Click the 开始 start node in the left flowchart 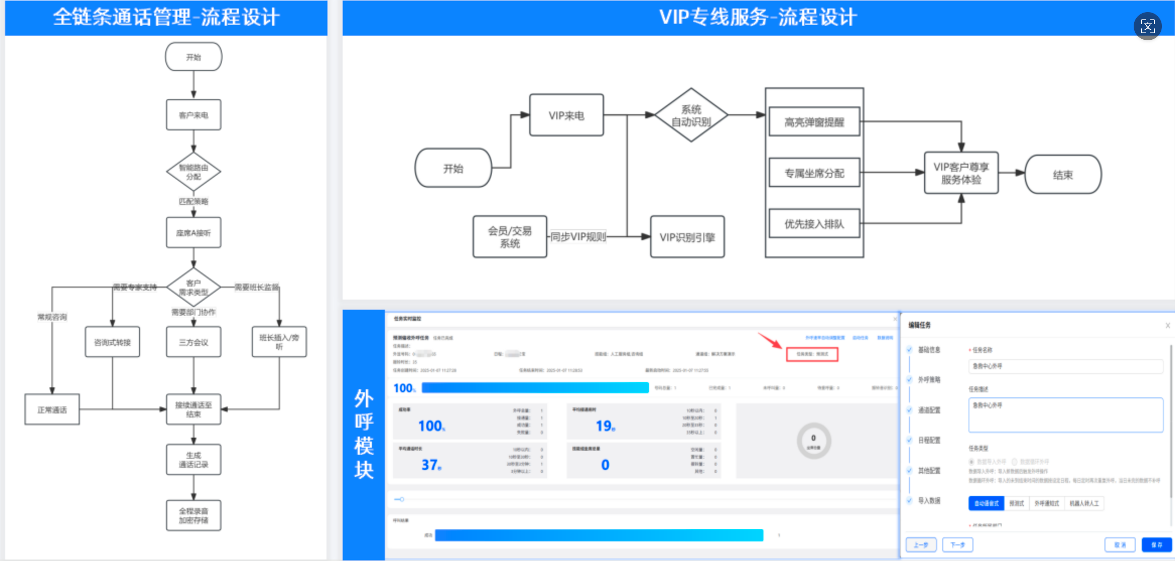pos(193,57)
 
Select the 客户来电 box pos(193,115)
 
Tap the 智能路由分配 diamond pos(193,172)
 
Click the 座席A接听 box pos(193,233)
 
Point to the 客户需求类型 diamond pos(193,288)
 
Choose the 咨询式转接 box pos(112,342)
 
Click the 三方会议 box pos(193,342)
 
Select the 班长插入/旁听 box pos(279,342)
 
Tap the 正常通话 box pos(52,409)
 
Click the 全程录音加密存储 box pos(193,515)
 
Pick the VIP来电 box pos(566,115)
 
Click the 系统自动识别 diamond pos(691,115)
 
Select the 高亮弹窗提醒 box pos(814,122)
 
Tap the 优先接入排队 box pos(814,224)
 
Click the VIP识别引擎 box pos(687,237)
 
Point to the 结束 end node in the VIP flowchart pos(1063,175)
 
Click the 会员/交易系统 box pos(510,237)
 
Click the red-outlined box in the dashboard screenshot pos(812,354)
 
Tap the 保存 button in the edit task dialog pos(1156,545)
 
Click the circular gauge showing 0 pos(813,441)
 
